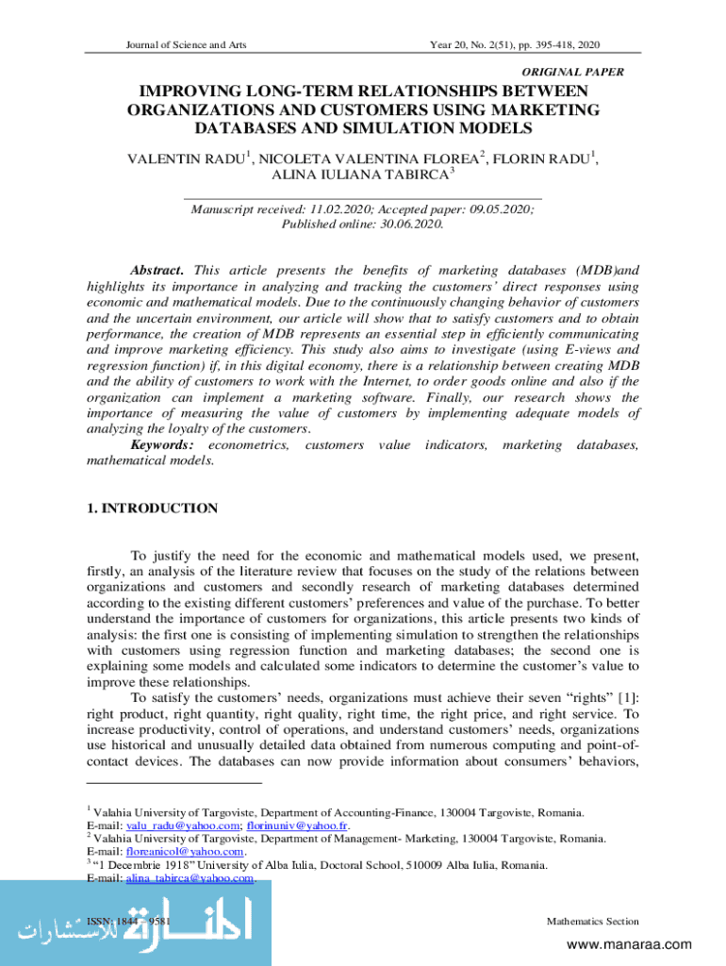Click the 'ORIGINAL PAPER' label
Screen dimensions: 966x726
(x=571, y=72)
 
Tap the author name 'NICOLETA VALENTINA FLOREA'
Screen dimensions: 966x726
(x=369, y=158)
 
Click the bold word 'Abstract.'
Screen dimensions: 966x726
(x=157, y=269)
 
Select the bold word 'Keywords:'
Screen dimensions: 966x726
(x=162, y=443)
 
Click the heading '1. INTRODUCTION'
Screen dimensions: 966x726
(x=152, y=508)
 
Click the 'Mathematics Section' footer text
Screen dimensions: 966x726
(x=592, y=922)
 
